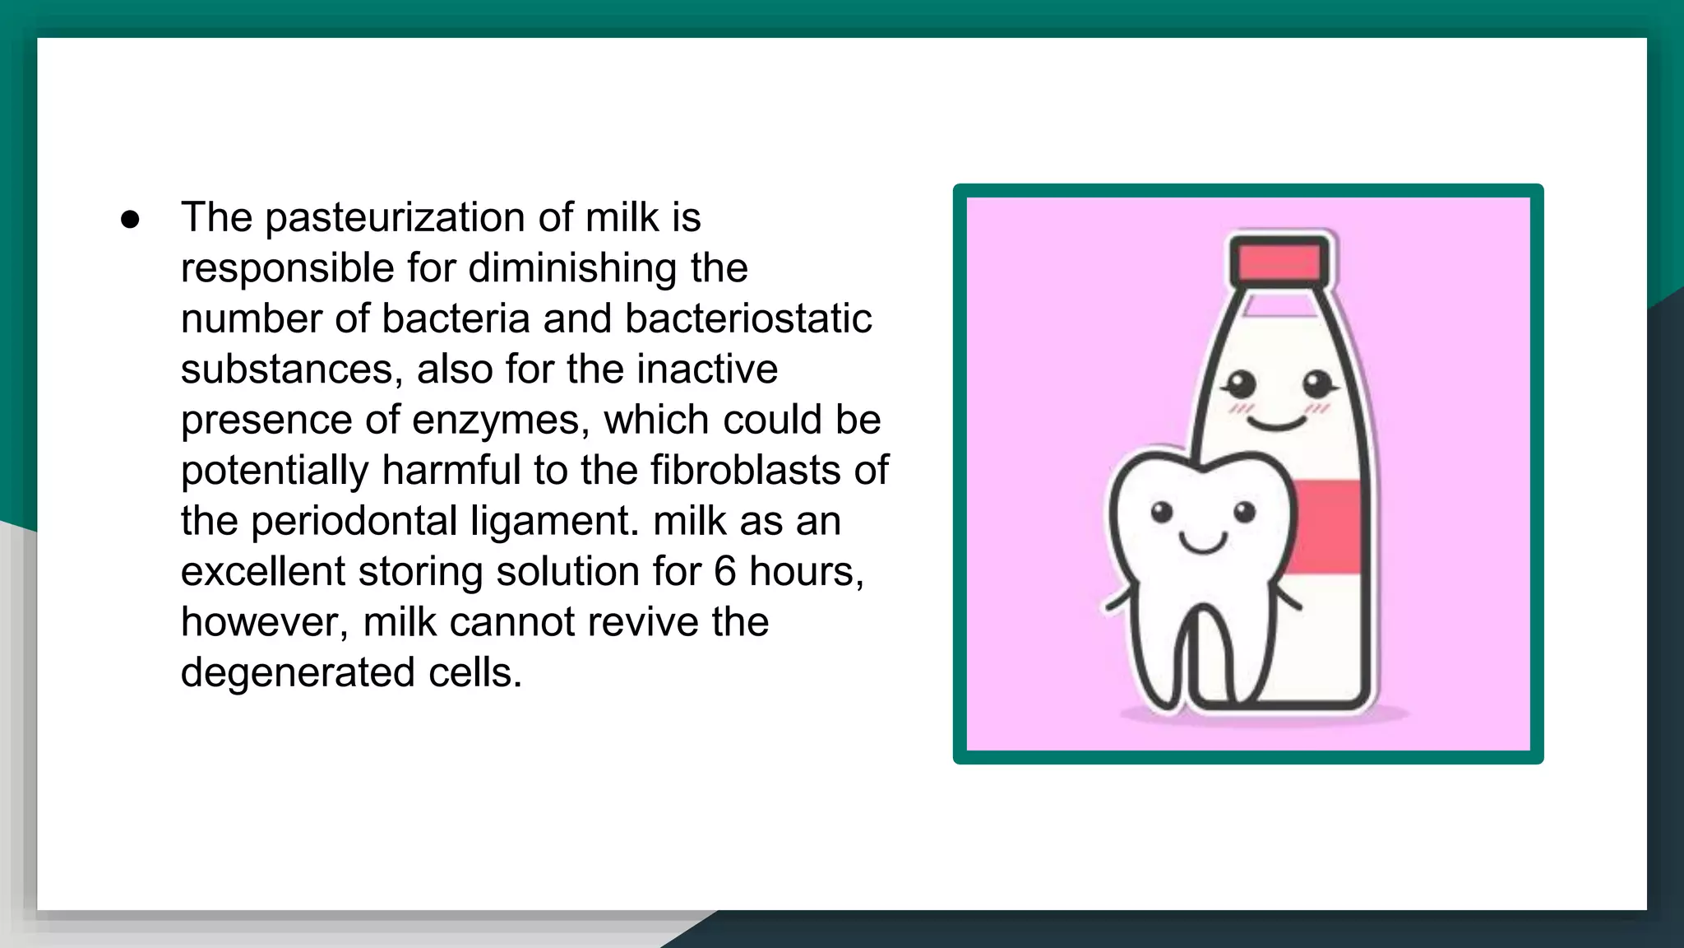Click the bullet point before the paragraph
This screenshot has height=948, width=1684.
click(130, 220)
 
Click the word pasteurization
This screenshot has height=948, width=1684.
click(395, 219)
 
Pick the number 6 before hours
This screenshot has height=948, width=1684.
click(724, 572)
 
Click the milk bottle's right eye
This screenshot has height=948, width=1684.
click(1317, 383)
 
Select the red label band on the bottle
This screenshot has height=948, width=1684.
click(1325, 527)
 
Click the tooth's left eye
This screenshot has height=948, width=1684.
click(1161, 512)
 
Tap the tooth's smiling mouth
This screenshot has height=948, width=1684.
click(1203, 543)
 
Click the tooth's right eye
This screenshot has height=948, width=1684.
click(1244, 512)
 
